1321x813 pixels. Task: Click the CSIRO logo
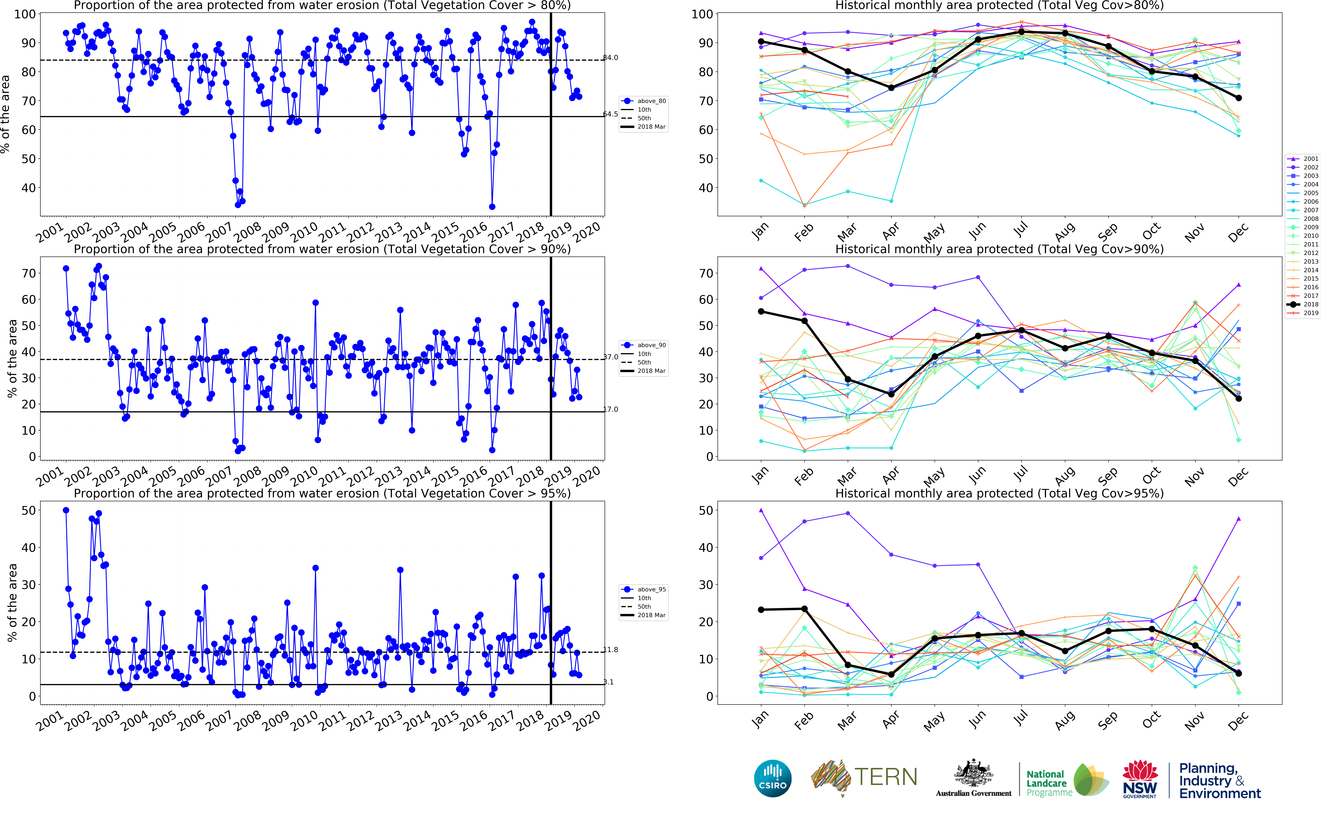tap(773, 778)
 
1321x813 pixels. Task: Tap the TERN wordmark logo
tap(886, 777)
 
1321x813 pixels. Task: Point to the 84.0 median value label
tap(611, 58)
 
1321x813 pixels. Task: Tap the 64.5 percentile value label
tap(611, 114)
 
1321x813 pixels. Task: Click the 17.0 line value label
tap(611, 409)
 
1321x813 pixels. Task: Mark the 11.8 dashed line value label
tap(611, 650)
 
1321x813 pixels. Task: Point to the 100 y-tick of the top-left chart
tap(25, 15)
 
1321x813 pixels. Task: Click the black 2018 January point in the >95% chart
tap(761, 610)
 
